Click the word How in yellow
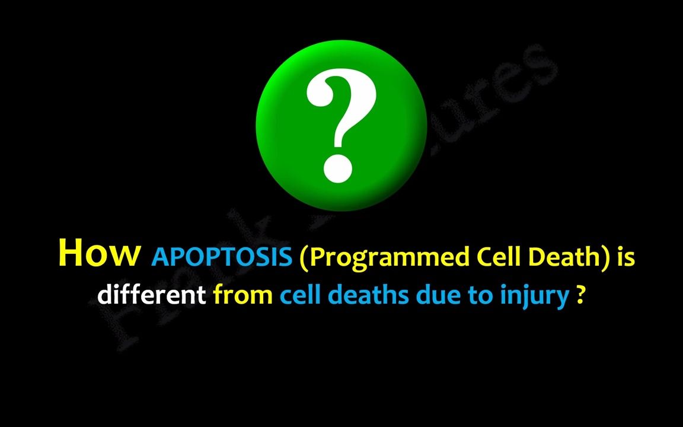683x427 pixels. tap(100, 253)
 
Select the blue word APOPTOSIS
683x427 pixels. tap(222, 257)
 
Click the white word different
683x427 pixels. tap(152, 294)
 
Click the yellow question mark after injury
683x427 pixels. tap(581, 294)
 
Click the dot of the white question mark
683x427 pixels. tap(337, 167)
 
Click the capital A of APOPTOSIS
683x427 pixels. tap(161, 257)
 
